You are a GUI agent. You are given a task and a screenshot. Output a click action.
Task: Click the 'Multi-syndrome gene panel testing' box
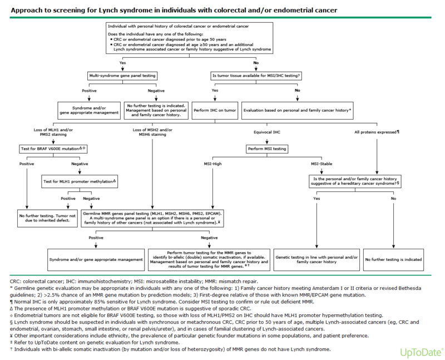(x=122, y=76)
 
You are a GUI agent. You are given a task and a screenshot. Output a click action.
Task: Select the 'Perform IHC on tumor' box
(x=215, y=110)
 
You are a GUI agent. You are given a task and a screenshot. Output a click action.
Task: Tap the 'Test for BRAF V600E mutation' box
(x=53, y=149)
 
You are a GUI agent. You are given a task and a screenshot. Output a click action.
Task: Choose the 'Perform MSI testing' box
(x=267, y=149)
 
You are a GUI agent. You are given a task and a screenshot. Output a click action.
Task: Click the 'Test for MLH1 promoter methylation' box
(x=80, y=181)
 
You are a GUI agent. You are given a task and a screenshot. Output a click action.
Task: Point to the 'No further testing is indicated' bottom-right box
(x=393, y=259)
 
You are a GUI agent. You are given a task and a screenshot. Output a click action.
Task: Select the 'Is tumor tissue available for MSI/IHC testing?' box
(x=256, y=76)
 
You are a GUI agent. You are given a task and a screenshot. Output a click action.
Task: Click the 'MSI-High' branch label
(x=212, y=164)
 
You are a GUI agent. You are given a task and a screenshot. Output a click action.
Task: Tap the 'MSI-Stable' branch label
(x=322, y=164)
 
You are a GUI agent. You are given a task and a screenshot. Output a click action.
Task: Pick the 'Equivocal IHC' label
(x=267, y=132)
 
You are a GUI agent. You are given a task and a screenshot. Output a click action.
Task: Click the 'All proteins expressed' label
(x=377, y=132)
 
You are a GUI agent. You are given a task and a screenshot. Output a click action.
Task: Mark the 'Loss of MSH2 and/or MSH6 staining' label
(x=152, y=132)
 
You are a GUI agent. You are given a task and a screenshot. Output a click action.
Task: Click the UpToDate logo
(x=422, y=352)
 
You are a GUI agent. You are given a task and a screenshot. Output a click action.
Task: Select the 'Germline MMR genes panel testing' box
(x=152, y=218)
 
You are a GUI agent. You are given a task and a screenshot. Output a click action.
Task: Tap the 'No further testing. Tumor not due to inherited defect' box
(x=47, y=218)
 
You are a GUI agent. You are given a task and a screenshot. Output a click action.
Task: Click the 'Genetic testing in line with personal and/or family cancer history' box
(x=317, y=259)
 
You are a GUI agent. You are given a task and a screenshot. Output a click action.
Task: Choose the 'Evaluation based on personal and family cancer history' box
(x=297, y=110)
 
